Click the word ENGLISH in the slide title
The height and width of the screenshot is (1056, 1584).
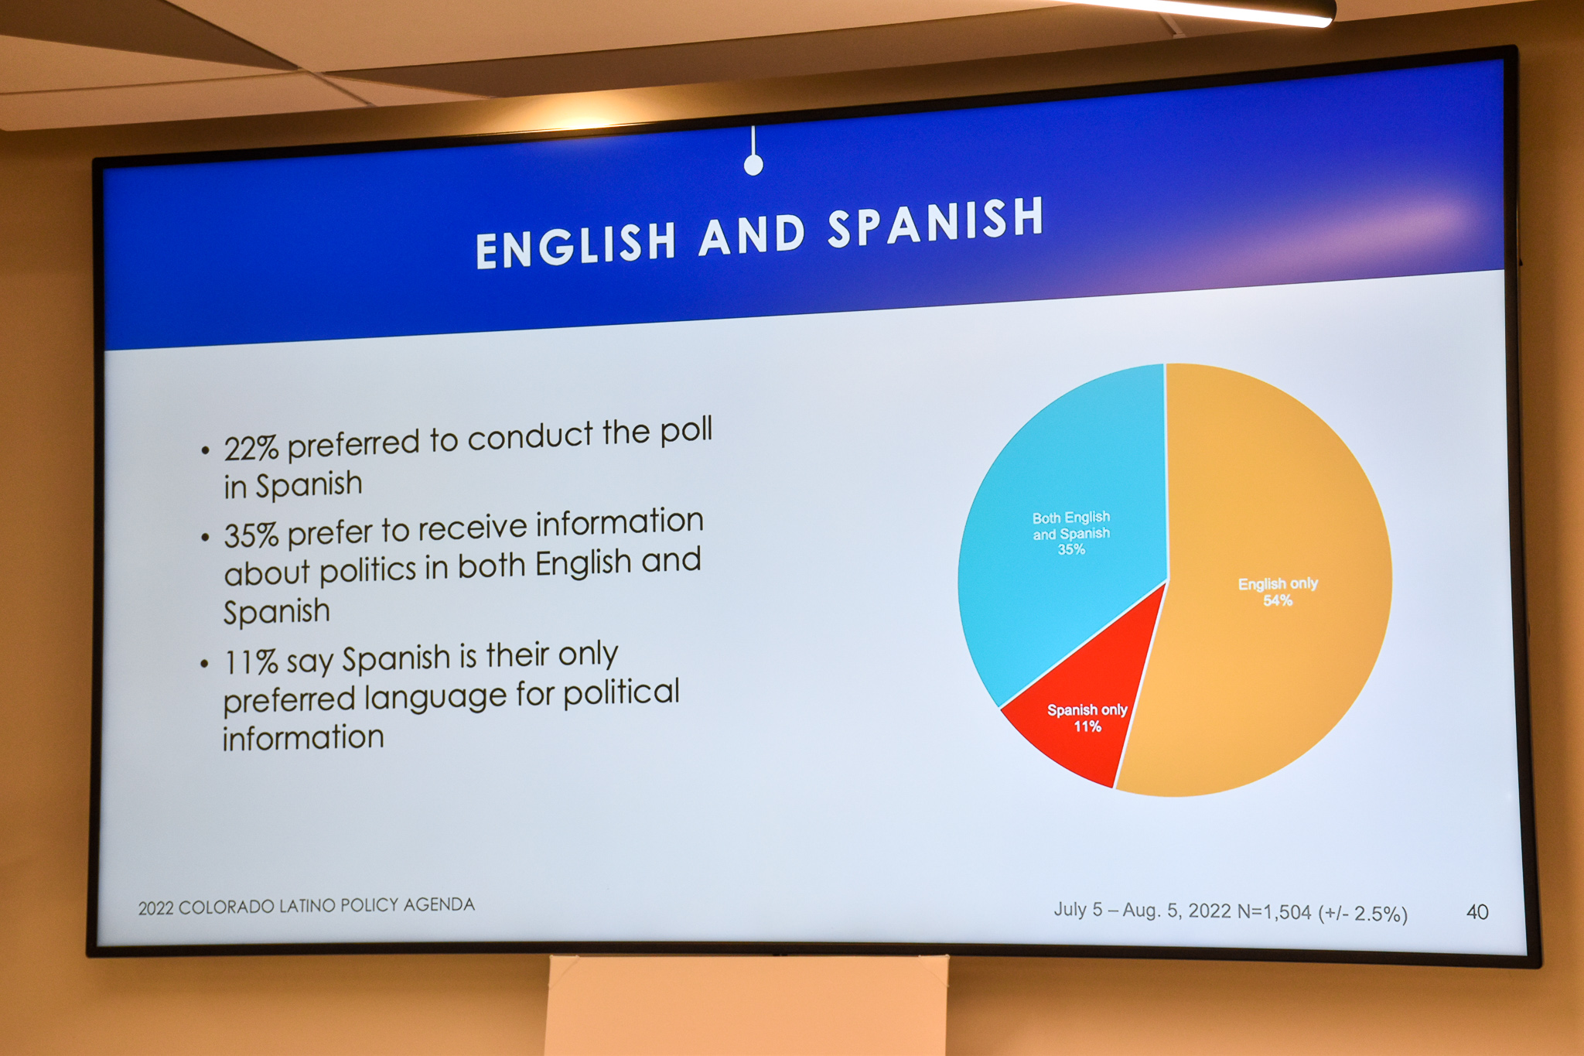[x=576, y=243]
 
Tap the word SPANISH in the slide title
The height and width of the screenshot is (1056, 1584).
[x=936, y=222]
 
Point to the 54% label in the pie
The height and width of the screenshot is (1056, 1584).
[x=1278, y=600]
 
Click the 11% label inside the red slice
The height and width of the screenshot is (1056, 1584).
[x=1087, y=726]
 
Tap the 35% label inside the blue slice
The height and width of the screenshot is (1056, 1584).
[x=1071, y=549]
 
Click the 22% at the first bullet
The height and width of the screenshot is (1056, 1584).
[x=251, y=447]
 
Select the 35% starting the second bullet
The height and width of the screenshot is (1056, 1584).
[x=251, y=535]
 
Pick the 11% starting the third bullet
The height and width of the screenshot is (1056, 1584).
[x=251, y=662]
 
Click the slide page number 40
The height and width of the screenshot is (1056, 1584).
[x=1477, y=912]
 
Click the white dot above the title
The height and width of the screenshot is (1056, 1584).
[x=753, y=165]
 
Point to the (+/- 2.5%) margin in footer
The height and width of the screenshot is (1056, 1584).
[x=1363, y=914]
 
